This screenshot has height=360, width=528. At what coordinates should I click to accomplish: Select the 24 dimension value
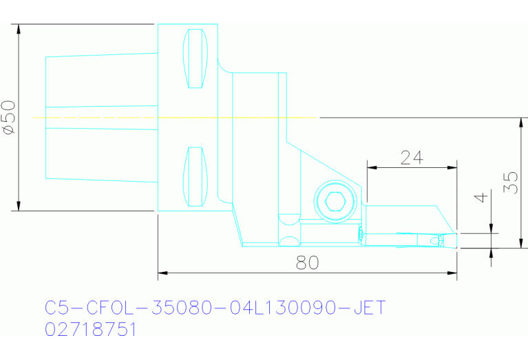[411, 157]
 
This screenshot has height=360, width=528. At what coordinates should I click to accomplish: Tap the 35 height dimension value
[510, 182]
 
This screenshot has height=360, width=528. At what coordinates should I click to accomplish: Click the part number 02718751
[91, 330]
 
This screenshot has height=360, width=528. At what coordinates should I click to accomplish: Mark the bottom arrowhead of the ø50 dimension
[19, 206]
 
